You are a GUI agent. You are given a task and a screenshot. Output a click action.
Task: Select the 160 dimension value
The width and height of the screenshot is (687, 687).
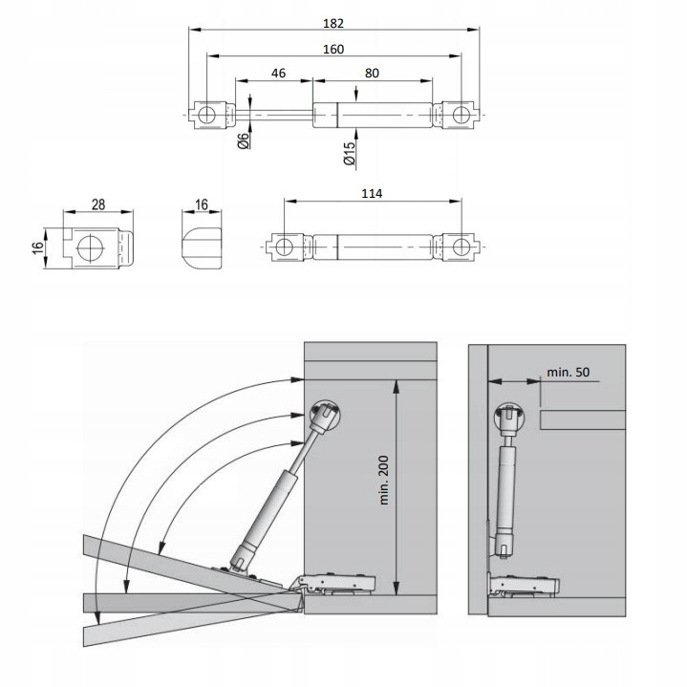(333, 50)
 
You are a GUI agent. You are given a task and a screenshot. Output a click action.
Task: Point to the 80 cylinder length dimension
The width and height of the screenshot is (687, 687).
(372, 72)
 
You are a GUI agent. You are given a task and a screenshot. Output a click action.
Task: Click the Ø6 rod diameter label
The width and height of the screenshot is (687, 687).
(245, 140)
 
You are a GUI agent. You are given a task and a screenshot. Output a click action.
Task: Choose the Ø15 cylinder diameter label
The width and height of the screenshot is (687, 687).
(350, 154)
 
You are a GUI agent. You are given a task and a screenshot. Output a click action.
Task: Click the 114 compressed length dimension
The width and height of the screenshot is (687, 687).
(372, 194)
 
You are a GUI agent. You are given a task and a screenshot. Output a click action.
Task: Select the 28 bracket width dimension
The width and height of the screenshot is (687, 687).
(98, 204)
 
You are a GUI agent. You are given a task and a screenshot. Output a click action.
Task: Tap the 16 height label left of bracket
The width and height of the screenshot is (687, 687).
(37, 248)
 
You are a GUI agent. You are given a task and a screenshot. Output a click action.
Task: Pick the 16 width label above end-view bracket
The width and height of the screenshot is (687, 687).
(201, 204)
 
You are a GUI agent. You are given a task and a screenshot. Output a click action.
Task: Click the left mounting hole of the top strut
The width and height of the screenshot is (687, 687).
(206, 115)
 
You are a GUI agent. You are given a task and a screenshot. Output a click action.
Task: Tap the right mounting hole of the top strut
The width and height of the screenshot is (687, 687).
(461, 115)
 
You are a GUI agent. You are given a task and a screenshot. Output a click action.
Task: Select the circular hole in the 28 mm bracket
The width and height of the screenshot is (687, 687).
(89, 248)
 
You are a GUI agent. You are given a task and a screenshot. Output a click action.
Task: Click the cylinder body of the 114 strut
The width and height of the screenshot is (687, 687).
(373, 247)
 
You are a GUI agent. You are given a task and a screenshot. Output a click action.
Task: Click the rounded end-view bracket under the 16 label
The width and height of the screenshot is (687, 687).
(201, 247)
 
